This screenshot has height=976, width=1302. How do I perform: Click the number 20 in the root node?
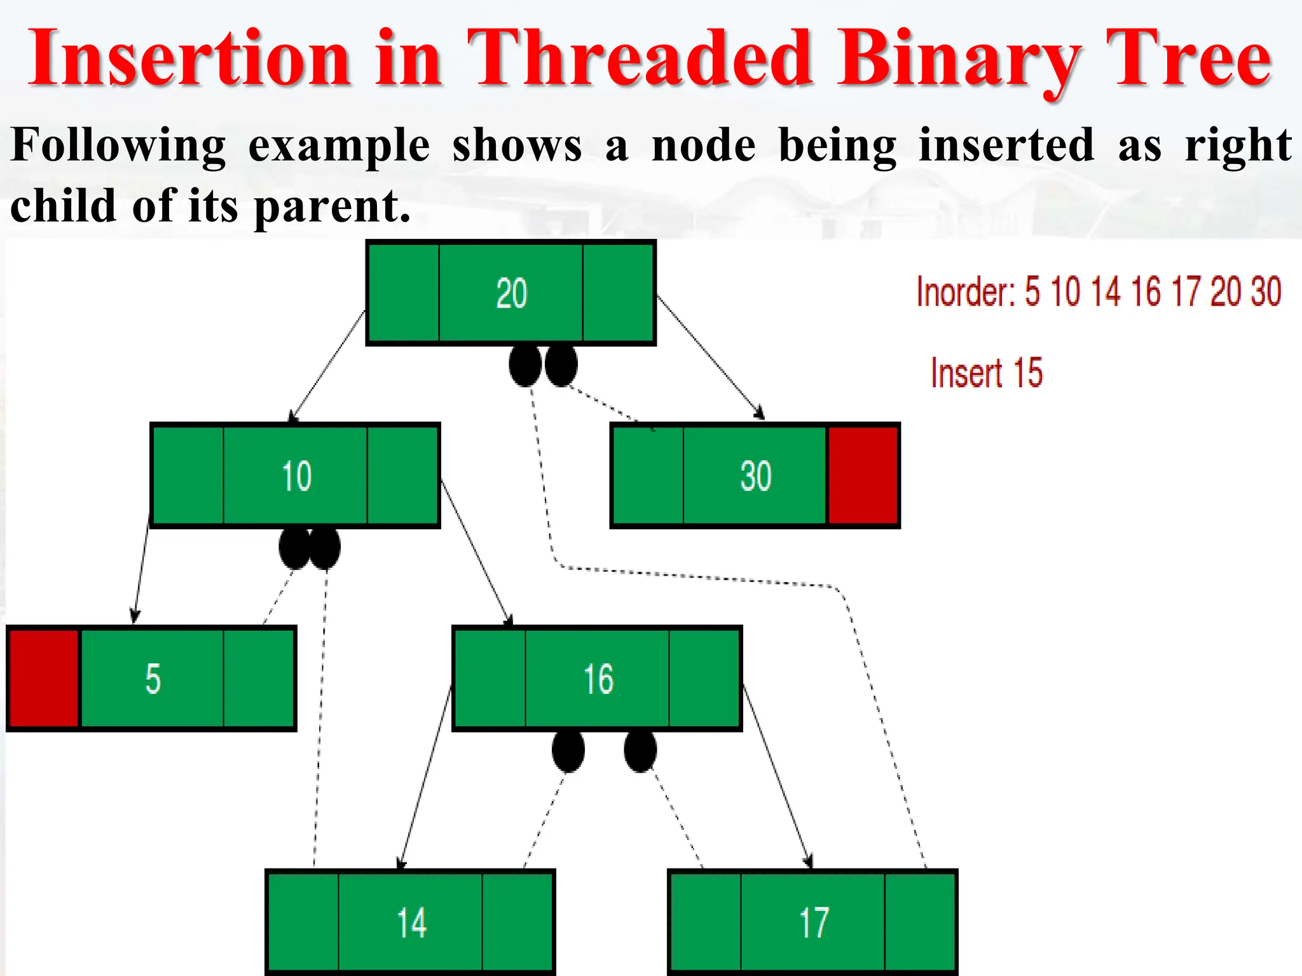511,294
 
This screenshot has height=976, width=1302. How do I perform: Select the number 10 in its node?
296,476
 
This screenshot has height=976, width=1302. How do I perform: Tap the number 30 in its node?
755,476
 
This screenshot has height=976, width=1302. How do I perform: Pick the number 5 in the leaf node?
153,679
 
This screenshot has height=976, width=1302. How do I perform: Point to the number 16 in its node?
598,679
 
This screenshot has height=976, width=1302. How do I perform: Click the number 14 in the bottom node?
411,923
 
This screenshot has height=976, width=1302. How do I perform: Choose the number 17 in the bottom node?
814,923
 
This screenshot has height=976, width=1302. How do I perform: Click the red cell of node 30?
863,475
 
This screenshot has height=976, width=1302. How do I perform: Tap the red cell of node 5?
44,678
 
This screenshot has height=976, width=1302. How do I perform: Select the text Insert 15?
986,373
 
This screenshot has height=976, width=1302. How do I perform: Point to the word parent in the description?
332,207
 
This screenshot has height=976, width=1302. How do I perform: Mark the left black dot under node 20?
525,365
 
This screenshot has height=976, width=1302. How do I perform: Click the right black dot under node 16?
640,751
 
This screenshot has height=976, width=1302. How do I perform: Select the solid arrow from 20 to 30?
709,357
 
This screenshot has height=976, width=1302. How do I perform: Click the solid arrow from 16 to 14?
426,776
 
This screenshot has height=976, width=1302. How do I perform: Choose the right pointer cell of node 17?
920,923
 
